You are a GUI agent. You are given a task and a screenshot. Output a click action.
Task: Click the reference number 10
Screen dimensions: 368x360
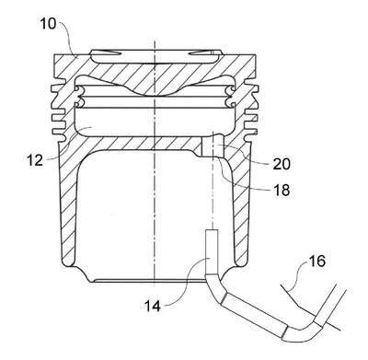(48, 24)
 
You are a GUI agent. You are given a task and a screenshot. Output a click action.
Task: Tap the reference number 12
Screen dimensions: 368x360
(35, 159)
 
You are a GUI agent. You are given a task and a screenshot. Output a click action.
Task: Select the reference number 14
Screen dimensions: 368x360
(153, 306)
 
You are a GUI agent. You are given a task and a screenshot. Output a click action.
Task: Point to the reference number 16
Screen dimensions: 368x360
(316, 261)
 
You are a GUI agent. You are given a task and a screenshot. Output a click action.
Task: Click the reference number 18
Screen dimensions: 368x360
(282, 190)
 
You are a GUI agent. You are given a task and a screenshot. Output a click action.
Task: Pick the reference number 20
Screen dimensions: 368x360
(282, 164)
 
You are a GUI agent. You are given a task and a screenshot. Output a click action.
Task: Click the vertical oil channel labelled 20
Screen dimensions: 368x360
(213, 146)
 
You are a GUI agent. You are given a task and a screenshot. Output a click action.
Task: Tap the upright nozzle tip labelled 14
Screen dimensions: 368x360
(211, 251)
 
